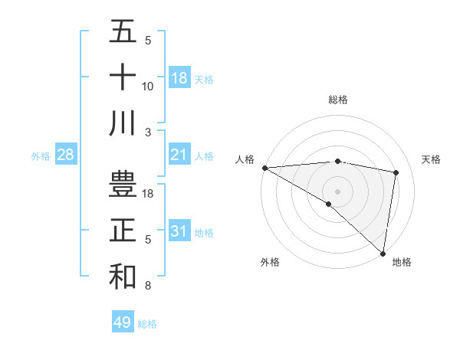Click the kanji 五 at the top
coord(123,31)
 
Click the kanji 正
coord(123,230)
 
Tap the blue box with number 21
coord(179,155)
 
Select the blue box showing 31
coord(179,231)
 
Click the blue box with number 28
coord(66,155)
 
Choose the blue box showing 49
coord(123,322)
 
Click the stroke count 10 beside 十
coord(148,87)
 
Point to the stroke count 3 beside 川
coord(148,132)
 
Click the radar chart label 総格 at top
coord(337,100)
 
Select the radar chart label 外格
coord(270,262)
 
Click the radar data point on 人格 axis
coord(264,168)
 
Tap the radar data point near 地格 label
coord(382,253)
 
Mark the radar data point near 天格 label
coord(396,172)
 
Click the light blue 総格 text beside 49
coord(147,324)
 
